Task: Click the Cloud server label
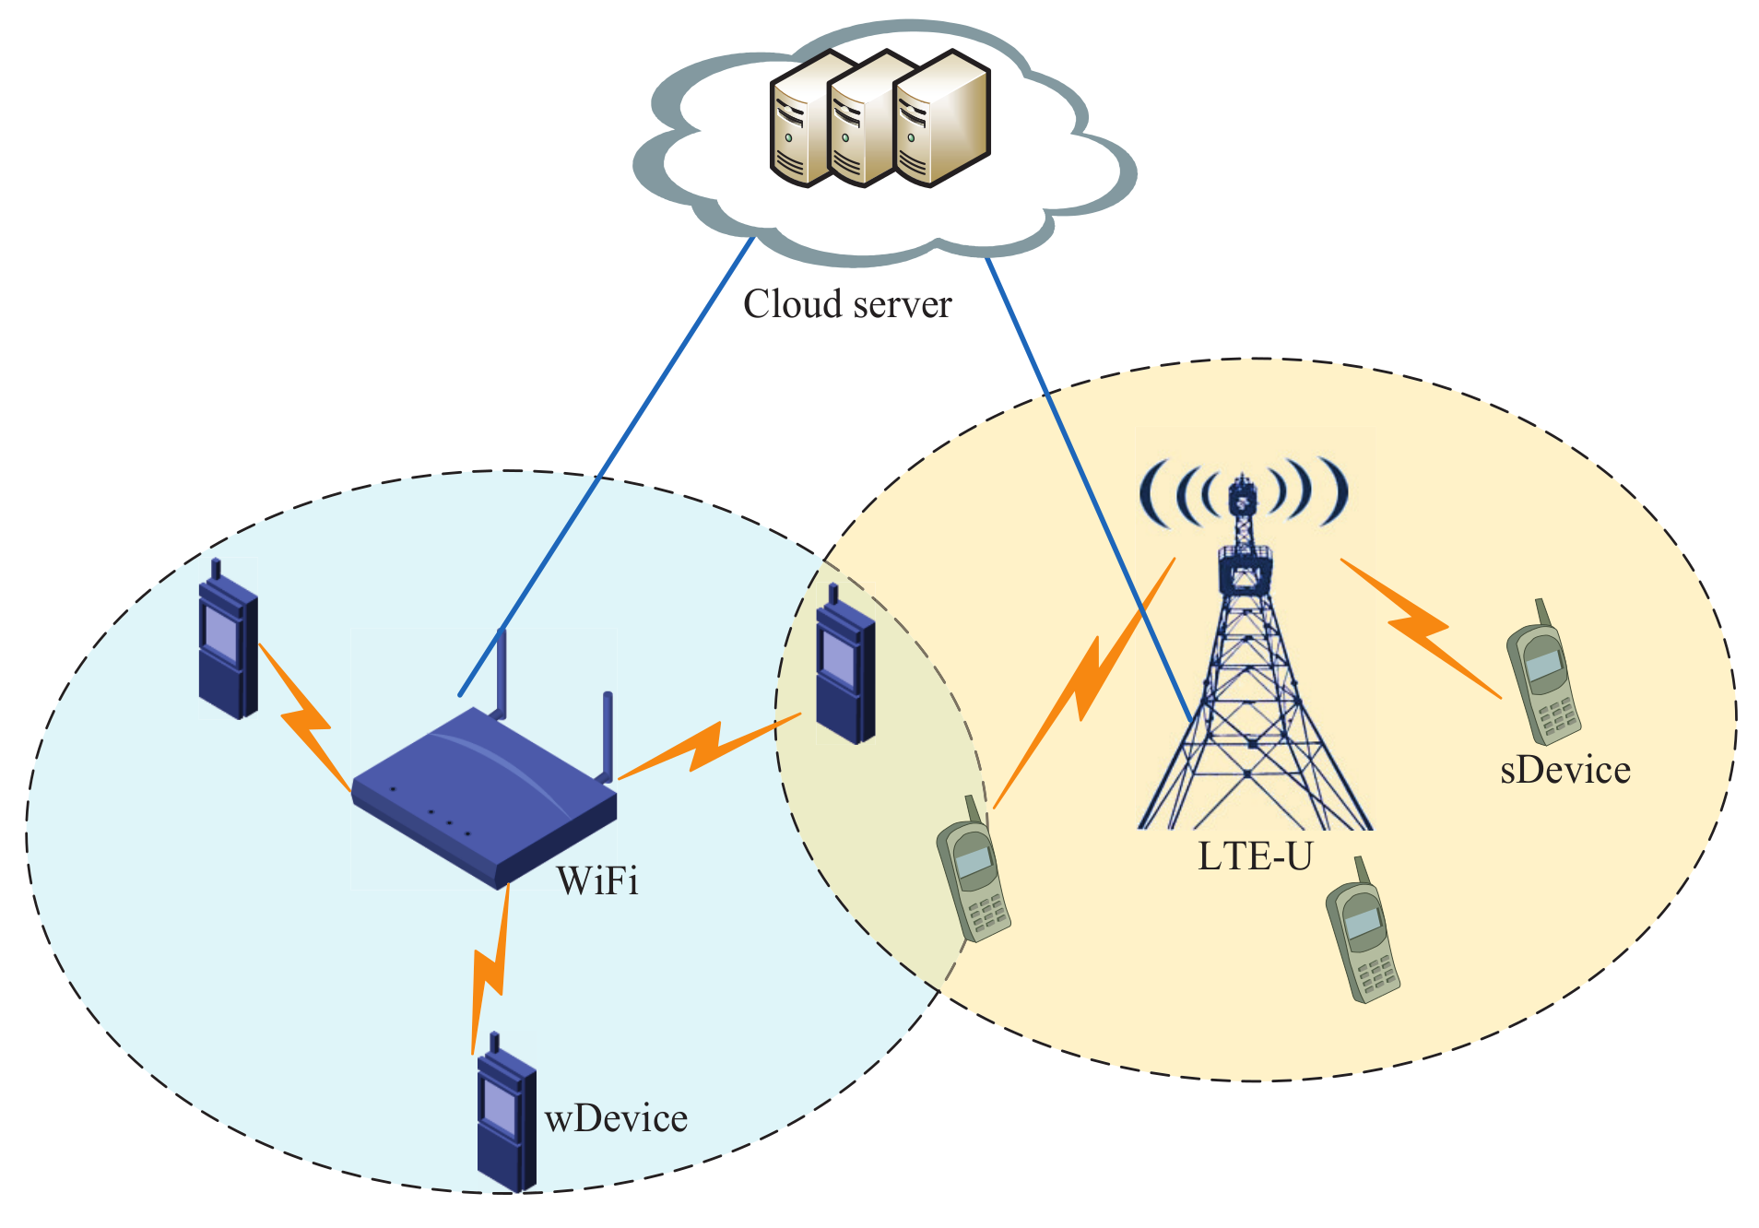(846, 304)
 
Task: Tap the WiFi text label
(597, 881)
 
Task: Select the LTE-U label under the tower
(1254, 856)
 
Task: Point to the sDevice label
(1564, 770)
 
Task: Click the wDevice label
(616, 1118)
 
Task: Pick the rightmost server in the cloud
(942, 120)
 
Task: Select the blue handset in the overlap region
(844, 667)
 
